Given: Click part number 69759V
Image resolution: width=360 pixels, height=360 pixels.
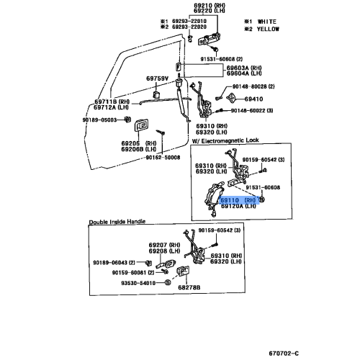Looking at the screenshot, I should [158, 78].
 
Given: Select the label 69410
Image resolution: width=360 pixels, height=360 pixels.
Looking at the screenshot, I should [253, 97].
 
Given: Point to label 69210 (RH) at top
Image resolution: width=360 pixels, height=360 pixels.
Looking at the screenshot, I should [209, 6].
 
